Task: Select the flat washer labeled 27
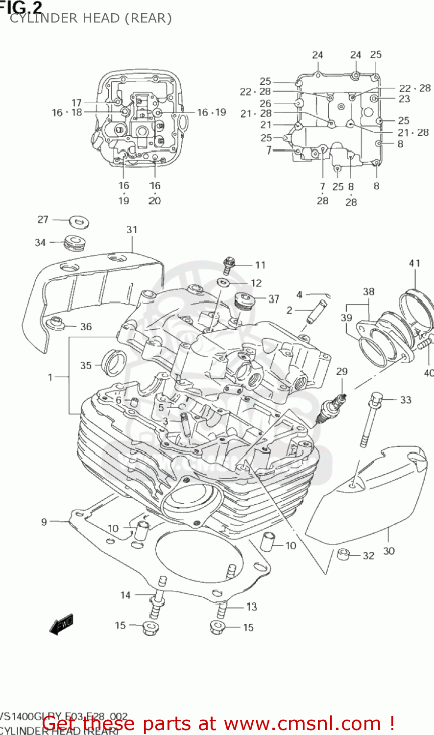[78, 222]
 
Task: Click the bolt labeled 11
[229, 265]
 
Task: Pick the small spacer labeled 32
[343, 555]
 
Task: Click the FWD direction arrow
[62, 625]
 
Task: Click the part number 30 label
[388, 551]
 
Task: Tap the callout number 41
[414, 263]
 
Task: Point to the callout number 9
[44, 522]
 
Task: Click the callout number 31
[132, 229]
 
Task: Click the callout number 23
[404, 98]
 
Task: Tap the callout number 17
[76, 102]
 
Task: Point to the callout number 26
[265, 103]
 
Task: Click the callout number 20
[154, 200]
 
